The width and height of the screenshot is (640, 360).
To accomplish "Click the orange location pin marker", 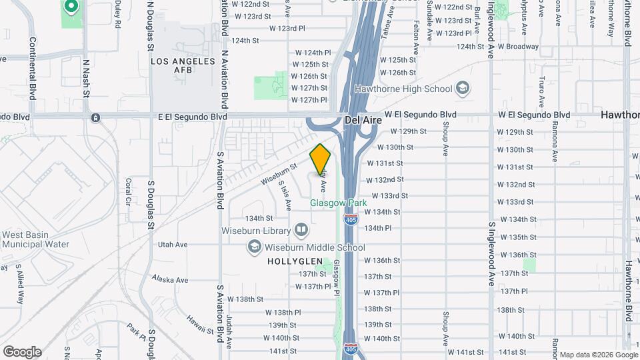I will tap(321, 159).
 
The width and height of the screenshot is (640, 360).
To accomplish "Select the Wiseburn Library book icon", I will tap(301, 231).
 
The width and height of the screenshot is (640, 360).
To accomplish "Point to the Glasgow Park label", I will tap(339, 203).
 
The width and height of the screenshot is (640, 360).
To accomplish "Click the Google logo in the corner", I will tap(22, 351).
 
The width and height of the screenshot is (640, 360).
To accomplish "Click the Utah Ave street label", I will tap(173, 245).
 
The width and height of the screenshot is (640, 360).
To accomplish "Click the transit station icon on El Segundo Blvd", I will tap(96, 117).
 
